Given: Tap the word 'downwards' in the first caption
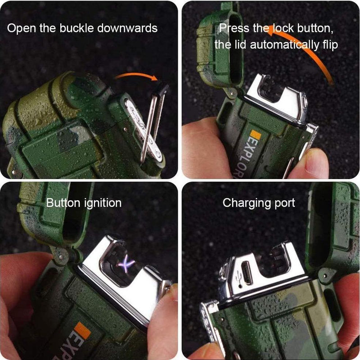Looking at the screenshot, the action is point(127,28).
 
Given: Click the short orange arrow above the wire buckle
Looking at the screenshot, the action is point(137,76).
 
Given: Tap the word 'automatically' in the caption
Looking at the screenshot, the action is point(284,45).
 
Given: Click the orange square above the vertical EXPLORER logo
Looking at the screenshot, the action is point(256,135).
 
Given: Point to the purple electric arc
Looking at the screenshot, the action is point(126,264).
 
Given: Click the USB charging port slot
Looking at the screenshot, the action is point(247,273).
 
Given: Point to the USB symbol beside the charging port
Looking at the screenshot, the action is point(239,278).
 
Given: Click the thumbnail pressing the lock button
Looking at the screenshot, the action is point(315,160).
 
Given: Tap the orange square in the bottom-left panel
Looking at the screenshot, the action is point(82,330).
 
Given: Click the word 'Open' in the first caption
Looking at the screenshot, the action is point(21,29).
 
